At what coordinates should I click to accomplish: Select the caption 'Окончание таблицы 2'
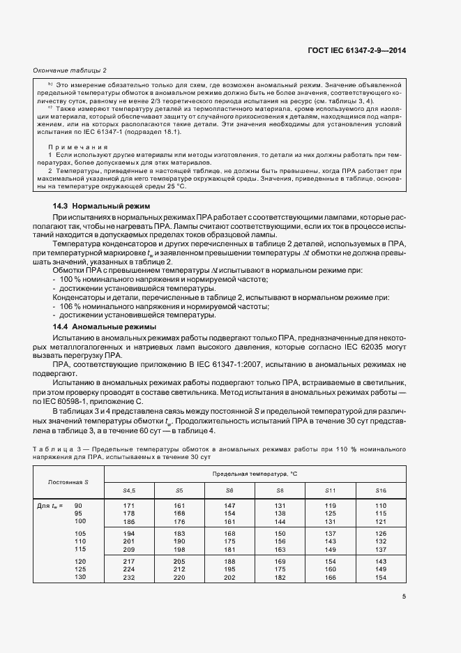pos(70,71)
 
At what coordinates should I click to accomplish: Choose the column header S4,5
pos(128,491)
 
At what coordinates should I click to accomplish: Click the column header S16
pos(380,491)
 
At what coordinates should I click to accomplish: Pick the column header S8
pos(280,491)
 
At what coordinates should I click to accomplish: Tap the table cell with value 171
pos(128,505)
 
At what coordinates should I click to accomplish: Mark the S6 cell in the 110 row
pos(229,541)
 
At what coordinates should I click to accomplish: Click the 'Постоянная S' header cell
pos(68,483)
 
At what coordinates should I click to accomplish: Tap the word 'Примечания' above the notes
pos(77,147)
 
